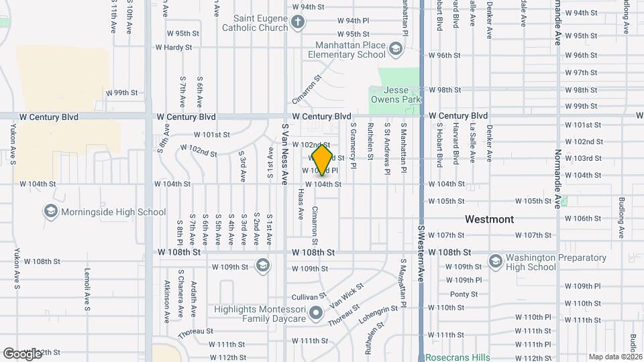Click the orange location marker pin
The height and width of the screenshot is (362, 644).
coord(323,160)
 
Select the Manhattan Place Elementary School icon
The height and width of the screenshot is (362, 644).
coord(396,49)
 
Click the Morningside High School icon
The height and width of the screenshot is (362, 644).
coord(50,213)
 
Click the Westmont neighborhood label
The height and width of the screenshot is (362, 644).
coord(490,219)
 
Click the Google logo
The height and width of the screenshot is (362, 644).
coord(22,353)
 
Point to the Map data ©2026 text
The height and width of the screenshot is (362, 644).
coord(614,357)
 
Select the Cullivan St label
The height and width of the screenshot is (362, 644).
coord(309,296)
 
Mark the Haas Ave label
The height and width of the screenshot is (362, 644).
coord(301,204)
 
